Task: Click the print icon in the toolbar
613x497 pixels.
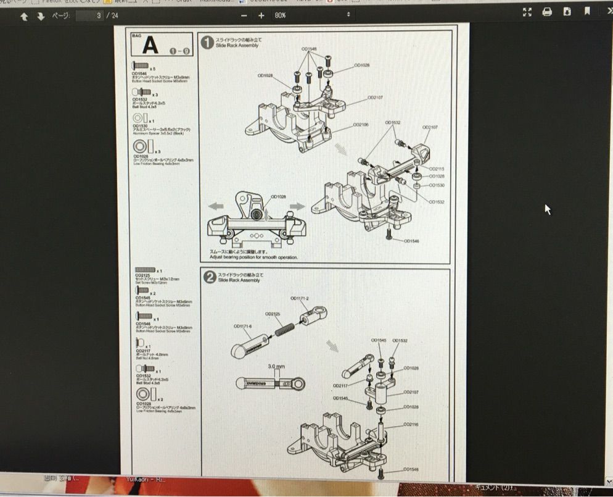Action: pos(547,12)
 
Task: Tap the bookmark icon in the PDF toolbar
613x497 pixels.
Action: pos(588,12)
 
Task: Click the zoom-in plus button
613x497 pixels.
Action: pos(261,15)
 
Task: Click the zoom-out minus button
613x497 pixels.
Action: pos(244,15)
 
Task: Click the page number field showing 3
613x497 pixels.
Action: pos(97,15)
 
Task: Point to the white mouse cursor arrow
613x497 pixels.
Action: pos(547,209)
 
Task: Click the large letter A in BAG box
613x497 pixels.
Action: pos(150,45)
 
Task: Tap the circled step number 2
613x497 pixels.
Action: pos(209,278)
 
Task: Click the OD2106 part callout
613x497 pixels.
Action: pos(361,125)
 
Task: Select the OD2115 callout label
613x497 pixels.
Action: pos(437,169)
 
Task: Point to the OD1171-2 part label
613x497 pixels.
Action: pos(300,299)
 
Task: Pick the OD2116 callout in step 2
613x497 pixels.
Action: pos(411,425)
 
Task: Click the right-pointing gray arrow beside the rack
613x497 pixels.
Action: pos(297,206)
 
